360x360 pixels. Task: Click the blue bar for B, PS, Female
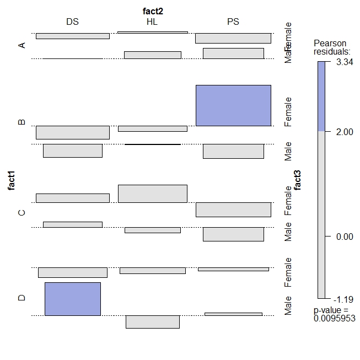tap(233, 105)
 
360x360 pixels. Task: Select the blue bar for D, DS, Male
tap(73, 299)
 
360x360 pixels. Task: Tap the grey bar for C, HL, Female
tap(153, 194)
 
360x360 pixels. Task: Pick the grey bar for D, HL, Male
tap(153, 322)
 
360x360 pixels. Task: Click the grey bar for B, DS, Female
tap(73, 132)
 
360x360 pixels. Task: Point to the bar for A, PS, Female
tap(233, 38)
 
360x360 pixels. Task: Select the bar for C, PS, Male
tap(233, 234)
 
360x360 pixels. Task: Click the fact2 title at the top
tap(153, 10)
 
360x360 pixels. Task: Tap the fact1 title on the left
tap(11, 180)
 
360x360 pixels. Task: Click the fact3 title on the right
tap(298, 180)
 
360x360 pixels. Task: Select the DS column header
tap(72, 22)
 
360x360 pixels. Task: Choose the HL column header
tap(152, 22)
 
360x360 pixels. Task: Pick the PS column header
tap(233, 22)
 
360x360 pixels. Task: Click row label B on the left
tap(22, 122)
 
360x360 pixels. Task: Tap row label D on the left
tap(22, 298)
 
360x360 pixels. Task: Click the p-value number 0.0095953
tap(335, 318)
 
